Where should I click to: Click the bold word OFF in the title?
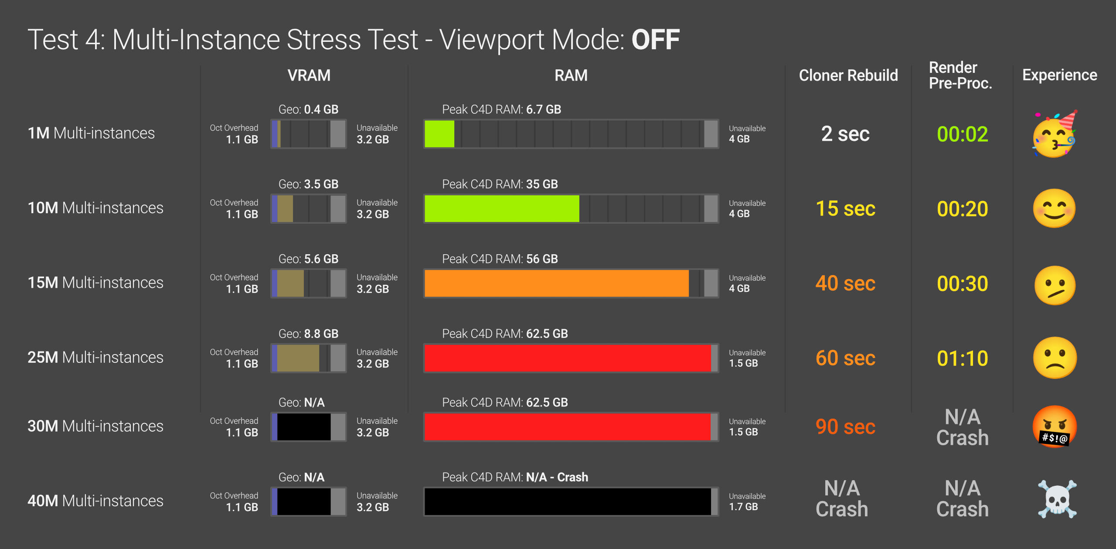point(655,40)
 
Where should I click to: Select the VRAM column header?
point(309,75)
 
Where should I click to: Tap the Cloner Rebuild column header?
point(848,75)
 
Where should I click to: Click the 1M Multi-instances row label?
point(91,133)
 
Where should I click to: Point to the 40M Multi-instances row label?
point(95,501)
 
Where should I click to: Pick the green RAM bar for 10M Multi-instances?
point(501,208)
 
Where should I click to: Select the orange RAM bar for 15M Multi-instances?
point(556,283)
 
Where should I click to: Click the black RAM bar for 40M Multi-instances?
point(567,501)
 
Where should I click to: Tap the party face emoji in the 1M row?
point(1054,134)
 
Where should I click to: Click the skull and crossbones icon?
point(1057,499)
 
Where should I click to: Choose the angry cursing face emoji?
point(1054,426)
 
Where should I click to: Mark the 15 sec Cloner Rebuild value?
point(845,208)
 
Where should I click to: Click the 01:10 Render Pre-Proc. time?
point(962,358)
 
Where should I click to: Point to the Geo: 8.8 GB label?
point(308,334)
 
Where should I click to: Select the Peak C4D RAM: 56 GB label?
point(500,259)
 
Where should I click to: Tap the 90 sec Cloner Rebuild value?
point(845,426)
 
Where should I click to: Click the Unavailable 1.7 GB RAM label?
point(747,501)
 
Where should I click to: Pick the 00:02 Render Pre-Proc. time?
point(962,134)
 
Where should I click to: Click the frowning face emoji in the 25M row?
point(1054,358)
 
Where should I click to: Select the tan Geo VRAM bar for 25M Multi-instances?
point(298,358)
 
